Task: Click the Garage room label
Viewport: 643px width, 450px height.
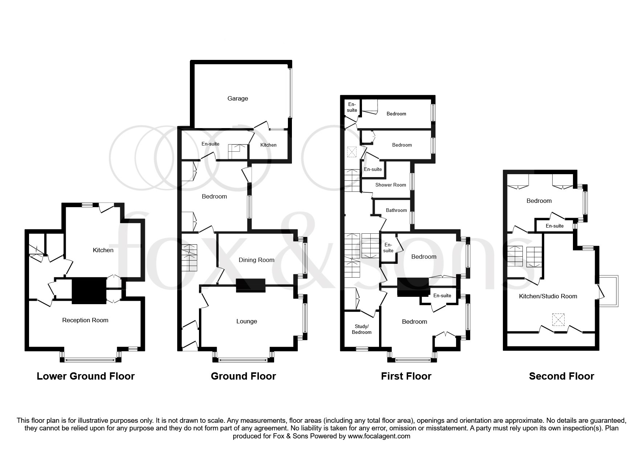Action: tap(238, 98)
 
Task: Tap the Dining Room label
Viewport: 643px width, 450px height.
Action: tap(256, 260)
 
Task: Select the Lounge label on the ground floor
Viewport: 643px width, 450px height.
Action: tap(247, 321)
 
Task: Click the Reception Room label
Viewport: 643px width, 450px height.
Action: tap(85, 320)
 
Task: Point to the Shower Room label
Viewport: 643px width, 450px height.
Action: tap(391, 185)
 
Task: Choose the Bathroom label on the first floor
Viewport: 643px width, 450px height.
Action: tap(396, 210)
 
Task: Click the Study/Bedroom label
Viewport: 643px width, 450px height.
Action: tap(362, 329)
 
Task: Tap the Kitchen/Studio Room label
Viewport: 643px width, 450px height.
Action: tap(548, 296)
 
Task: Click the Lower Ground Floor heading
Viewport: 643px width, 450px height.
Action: tap(86, 376)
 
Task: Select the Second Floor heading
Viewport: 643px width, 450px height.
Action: tap(561, 376)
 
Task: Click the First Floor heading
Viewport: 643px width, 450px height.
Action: tap(406, 376)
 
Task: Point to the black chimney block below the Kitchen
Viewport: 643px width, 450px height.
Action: tap(89, 291)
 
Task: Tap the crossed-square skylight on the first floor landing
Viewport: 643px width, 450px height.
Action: tap(352, 152)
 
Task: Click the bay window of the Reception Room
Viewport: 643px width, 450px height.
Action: tap(90, 360)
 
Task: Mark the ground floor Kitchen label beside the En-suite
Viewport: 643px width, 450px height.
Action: tap(268, 145)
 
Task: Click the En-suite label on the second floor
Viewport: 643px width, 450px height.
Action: tap(554, 226)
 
